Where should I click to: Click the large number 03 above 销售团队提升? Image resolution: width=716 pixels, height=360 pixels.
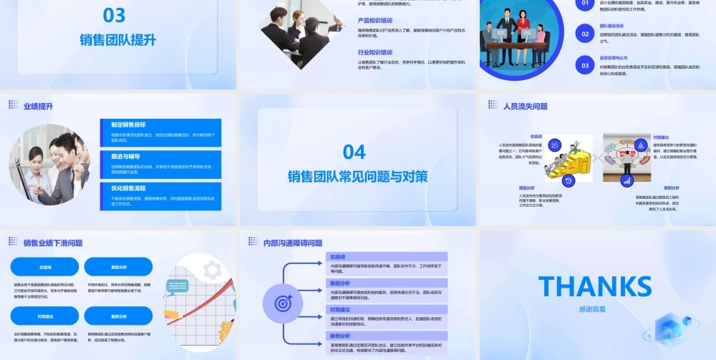(x=115, y=15)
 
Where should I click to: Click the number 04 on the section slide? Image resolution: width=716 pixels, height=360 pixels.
(x=354, y=151)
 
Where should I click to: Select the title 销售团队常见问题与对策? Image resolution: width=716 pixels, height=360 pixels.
(x=357, y=177)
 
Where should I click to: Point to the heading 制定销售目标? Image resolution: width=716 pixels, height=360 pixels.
(x=129, y=124)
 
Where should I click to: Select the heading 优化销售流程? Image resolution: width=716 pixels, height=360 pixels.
(x=129, y=188)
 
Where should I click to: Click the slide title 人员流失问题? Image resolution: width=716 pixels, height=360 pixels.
(x=526, y=106)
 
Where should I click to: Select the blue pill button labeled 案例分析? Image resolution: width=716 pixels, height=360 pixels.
(x=120, y=316)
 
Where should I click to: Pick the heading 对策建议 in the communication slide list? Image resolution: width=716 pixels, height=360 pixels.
(x=339, y=309)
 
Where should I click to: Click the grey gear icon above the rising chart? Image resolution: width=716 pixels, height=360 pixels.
(x=211, y=270)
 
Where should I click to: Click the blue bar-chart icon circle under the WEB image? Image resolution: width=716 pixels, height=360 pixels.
(x=626, y=181)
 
